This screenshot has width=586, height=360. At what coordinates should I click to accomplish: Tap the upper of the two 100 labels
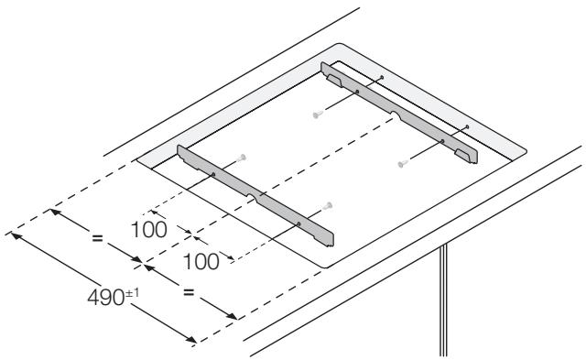[148, 229]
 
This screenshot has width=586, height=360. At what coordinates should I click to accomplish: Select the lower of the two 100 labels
[201, 261]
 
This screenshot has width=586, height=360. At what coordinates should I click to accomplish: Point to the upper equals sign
[95, 238]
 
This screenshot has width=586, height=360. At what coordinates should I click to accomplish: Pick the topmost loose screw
[316, 115]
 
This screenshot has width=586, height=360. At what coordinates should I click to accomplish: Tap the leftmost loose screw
[240, 158]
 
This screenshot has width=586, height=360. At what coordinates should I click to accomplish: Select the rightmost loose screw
[400, 164]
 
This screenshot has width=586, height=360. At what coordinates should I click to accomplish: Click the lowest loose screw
[326, 205]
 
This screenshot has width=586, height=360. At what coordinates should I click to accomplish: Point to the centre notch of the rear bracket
[394, 115]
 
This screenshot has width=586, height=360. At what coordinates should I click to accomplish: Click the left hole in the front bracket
[212, 175]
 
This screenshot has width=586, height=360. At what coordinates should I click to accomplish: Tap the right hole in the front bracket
[299, 224]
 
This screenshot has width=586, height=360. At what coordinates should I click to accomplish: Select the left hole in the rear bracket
[357, 93]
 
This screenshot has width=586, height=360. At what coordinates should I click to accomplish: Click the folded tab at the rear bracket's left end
[331, 76]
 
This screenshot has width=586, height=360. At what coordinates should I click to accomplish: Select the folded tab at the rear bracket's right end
[470, 153]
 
